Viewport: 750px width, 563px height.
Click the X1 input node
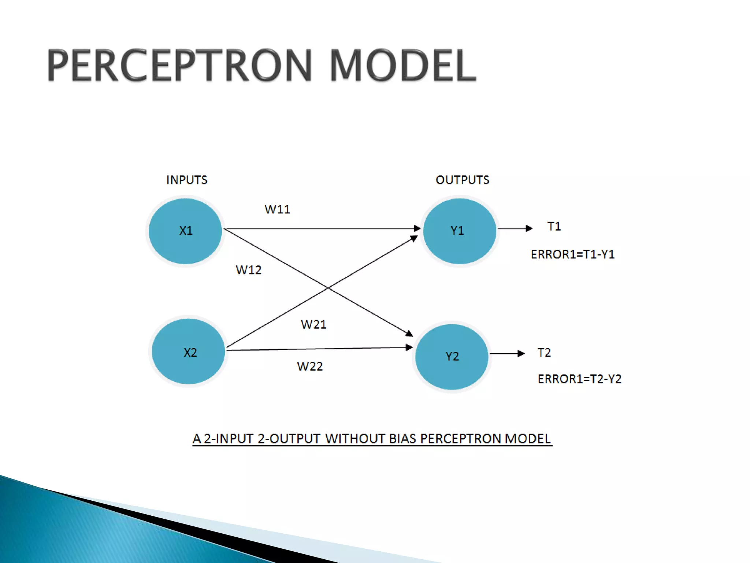[x=185, y=231]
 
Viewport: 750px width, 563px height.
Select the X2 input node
[x=189, y=352]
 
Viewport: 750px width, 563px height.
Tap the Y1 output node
[x=459, y=231]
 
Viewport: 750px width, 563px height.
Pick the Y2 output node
[x=452, y=357]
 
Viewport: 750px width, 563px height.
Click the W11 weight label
[x=277, y=209]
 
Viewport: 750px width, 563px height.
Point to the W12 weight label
[x=249, y=270]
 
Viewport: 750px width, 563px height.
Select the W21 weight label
[x=313, y=324]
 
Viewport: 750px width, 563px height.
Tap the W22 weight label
[x=310, y=366]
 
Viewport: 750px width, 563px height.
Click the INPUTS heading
[x=187, y=180]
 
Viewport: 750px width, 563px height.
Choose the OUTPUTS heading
[x=462, y=180]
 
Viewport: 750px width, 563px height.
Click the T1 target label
[x=554, y=227]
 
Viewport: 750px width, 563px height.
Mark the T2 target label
[x=544, y=353]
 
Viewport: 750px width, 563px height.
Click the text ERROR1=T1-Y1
[x=573, y=254]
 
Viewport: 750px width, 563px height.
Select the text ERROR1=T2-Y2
[x=579, y=379]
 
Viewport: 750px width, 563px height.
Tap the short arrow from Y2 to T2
[x=507, y=353]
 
